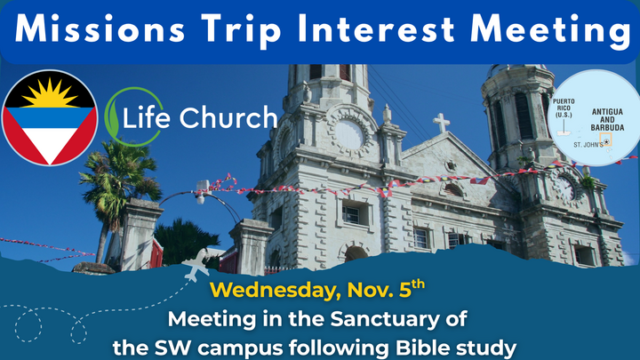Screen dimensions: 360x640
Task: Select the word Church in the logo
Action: pos(232,117)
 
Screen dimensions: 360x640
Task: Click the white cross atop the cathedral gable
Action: pos(441,122)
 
